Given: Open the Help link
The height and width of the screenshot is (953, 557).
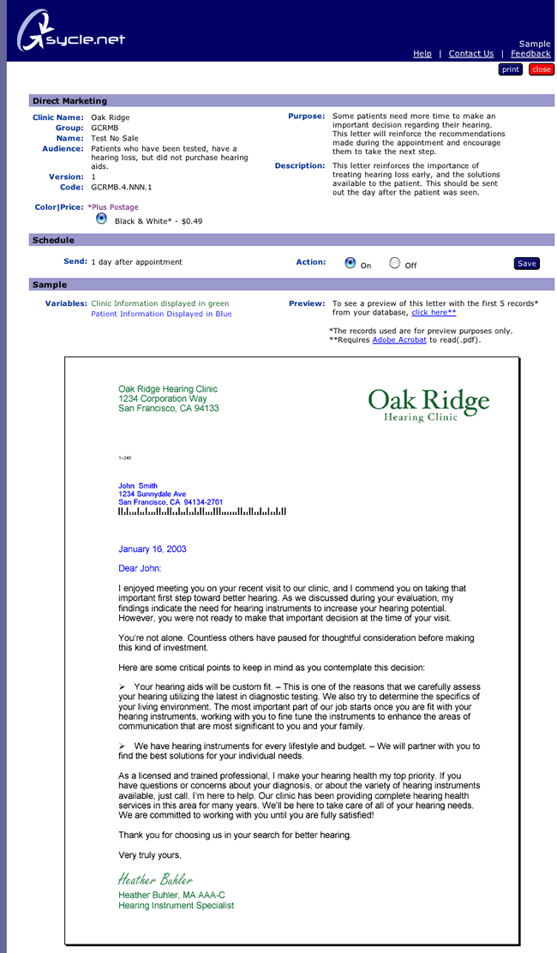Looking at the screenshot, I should (x=422, y=53).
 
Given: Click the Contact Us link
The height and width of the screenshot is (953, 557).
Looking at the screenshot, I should (x=471, y=53).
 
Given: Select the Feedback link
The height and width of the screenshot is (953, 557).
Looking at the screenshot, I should (x=530, y=53).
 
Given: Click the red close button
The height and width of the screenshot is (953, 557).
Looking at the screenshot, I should (x=541, y=69).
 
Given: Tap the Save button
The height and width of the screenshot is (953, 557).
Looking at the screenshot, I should (x=527, y=263).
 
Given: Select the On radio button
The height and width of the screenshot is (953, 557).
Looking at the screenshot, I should (x=350, y=263).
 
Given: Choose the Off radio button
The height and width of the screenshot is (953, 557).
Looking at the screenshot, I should (x=394, y=263).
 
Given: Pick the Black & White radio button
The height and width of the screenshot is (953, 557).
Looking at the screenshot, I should (x=102, y=219).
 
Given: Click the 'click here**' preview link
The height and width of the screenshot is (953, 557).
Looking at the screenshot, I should (x=434, y=314).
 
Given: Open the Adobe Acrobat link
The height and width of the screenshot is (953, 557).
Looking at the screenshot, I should (x=399, y=340).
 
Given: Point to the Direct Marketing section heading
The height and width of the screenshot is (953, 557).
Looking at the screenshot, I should (x=70, y=101).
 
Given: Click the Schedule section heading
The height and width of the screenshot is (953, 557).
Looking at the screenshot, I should (x=53, y=241).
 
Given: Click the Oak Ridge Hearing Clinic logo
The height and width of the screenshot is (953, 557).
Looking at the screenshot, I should (x=428, y=405).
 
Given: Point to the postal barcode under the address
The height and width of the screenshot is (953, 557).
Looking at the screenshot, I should (x=202, y=512).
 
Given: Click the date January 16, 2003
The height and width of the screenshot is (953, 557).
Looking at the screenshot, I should (x=153, y=549).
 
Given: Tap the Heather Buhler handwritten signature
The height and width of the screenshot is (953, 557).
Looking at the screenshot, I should (x=155, y=879).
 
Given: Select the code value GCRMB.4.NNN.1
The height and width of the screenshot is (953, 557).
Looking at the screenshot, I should (x=122, y=187).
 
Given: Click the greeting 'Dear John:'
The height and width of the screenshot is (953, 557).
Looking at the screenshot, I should (x=140, y=568).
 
